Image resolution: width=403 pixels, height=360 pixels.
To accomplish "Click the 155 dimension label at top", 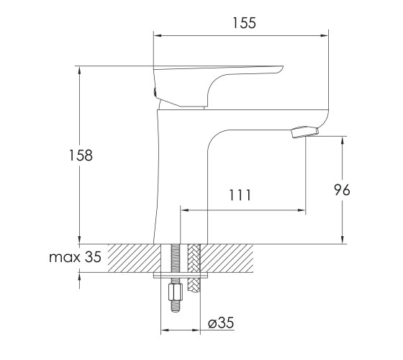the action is click(244, 23).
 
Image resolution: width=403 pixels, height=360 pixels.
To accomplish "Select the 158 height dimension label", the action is click(81, 156).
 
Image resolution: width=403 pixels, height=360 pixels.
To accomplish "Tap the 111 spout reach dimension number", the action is click(240, 195).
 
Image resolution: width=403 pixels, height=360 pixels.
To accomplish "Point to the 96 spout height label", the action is click(342, 190).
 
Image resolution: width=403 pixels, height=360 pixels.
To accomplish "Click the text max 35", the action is click(75, 257).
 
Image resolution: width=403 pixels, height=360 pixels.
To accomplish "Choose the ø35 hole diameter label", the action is click(221, 323).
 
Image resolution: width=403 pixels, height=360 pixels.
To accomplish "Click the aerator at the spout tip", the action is click(305, 132).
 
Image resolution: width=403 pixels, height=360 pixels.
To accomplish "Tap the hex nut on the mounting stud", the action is click(176, 292).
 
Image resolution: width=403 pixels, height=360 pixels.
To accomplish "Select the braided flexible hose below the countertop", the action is click(194, 268).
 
